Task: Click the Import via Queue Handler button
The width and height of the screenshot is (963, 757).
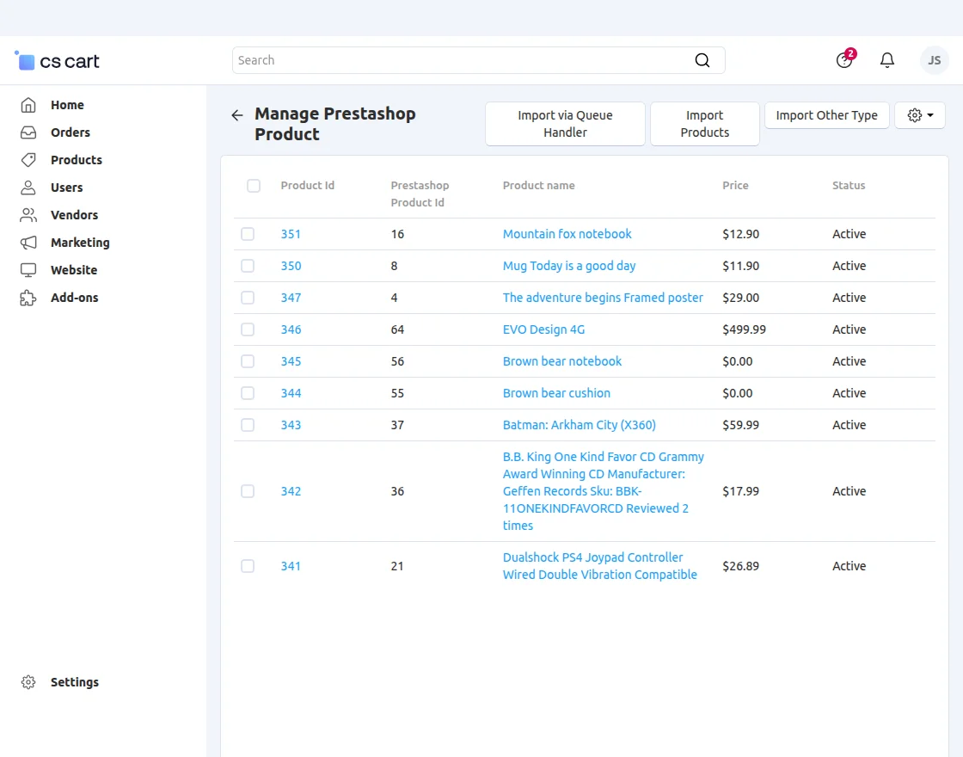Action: click(x=565, y=124)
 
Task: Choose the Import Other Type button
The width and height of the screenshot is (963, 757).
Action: click(x=826, y=115)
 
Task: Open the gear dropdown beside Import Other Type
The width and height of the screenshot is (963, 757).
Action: click(x=920, y=115)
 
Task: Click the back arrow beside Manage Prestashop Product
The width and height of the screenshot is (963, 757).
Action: click(x=237, y=115)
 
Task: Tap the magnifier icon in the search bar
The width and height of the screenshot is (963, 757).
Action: click(x=702, y=60)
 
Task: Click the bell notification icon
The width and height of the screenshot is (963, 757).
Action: click(x=887, y=60)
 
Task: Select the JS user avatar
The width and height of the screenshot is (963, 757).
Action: click(x=934, y=60)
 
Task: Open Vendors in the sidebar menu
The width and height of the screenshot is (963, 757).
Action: click(x=74, y=215)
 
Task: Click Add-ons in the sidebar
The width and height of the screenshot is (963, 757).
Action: click(x=74, y=298)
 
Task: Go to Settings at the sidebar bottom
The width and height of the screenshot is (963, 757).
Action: click(x=74, y=682)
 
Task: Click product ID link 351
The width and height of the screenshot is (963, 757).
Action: click(x=291, y=234)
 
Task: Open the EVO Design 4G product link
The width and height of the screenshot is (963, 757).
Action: click(x=543, y=329)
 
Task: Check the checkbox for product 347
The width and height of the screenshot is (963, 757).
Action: click(x=248, y=298)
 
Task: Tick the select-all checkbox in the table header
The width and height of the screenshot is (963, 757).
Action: click(x=254, y=186)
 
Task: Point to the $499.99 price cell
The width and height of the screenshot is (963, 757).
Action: click(x=744, y=329)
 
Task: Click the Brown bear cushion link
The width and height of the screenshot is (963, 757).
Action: click(x=556, y=393)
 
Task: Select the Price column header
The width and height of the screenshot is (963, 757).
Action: click(x=735, y=186)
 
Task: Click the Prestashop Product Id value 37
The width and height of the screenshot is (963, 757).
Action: click(x=397, y=425)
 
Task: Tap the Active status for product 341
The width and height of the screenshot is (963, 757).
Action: click(x=849, y=566)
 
